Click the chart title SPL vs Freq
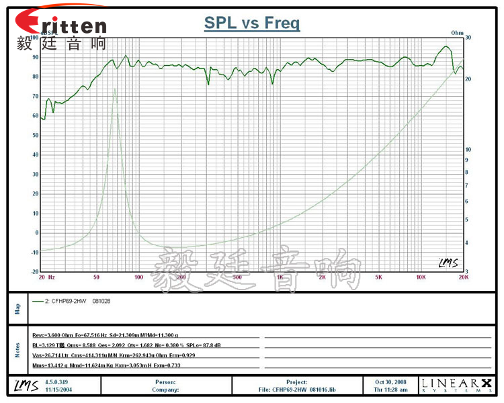click(x=252, y=24)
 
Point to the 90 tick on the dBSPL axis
click(x=35, y=57)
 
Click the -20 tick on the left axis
click(x=34, y=272)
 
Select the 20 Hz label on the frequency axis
click(x=47, y=277)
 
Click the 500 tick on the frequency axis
click(x=237, y=277)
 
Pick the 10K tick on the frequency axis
click(x=421, y=277)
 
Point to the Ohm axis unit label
click(x=458, y=32)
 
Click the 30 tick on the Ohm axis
click(x=468, y=38)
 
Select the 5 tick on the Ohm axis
click(x=468, y=220)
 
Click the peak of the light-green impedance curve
click(x=115, y=89)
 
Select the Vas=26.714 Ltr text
click(x=49, y=355)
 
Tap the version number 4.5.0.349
click(x=56, y=382)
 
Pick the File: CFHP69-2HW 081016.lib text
click(x=296, y=390)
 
